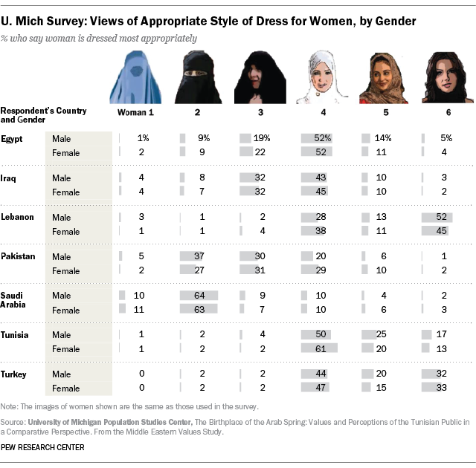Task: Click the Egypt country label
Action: tap(11, 138)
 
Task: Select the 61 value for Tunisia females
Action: tap(321, 349)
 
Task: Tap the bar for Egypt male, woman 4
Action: tap(317, 138)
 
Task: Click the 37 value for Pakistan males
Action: tap(200, 256)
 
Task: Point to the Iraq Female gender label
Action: tap(65, 192)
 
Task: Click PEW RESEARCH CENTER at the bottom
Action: tap(42, 448)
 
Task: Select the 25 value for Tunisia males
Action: tap(379, 335)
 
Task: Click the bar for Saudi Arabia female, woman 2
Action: tap(200, 311)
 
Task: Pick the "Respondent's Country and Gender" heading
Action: tap(42, 115)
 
